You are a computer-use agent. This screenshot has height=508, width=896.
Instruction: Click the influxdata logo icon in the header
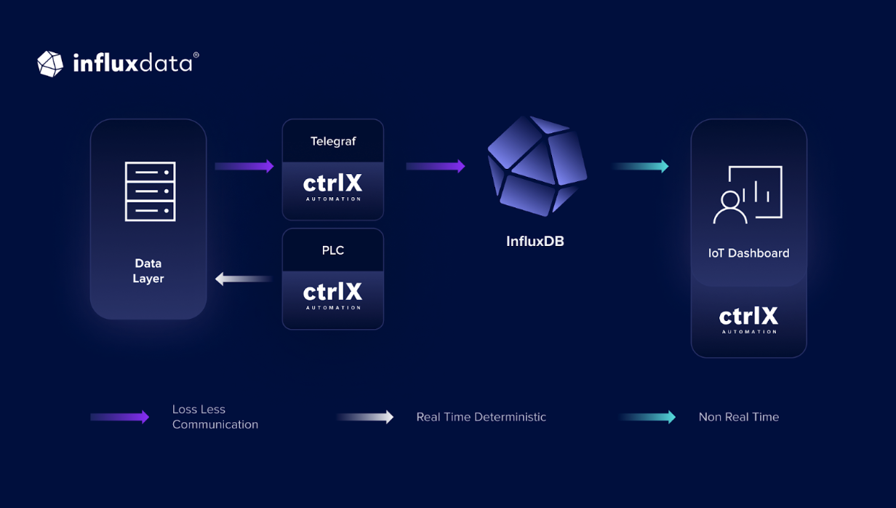(x=50, y=64)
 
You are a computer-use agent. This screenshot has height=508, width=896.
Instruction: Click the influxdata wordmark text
(x=133, y=64)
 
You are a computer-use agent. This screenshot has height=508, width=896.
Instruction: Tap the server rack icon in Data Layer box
(x=151, y=191)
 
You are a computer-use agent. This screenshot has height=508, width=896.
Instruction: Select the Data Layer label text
(x=148, y=271)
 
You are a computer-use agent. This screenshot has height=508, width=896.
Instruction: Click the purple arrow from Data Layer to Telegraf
(x=244, y=167)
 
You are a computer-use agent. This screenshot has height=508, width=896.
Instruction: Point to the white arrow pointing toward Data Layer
(x=244, y=278)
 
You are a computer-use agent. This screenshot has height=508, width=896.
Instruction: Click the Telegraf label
(x=333, y=141)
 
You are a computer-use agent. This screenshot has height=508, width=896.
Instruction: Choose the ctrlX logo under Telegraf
(x=332, y=187)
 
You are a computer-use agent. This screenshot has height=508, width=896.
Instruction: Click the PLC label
(x=333, y=250)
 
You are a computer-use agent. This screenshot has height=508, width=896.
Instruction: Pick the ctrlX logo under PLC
(x=332, y=295)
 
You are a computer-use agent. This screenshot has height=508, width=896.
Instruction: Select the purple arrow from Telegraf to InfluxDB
(x=436, y=167)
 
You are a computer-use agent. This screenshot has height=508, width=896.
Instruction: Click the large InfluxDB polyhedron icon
(x=537, y=166)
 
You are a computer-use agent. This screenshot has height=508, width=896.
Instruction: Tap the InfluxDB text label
(x=535, y=241)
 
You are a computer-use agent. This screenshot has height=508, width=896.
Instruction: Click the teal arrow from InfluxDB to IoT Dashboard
(x=640, y=167)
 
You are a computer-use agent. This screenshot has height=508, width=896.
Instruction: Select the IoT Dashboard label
(x=748, y=253)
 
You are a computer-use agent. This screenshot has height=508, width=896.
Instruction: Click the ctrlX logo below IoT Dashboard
(x=748, y=320)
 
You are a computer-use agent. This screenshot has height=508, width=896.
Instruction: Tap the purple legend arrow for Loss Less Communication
(x=120, y=417)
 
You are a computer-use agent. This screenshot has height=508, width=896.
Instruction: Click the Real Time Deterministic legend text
(x=481, y=417)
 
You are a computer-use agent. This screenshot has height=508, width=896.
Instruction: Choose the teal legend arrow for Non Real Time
(x=647, y=417)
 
